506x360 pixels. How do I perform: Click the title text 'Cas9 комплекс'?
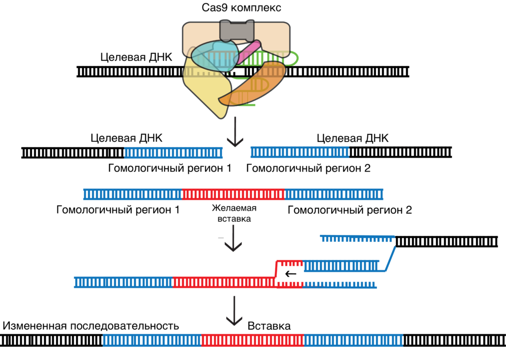(x=235, y=8)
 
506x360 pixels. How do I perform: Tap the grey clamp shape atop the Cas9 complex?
(x=236, y=30)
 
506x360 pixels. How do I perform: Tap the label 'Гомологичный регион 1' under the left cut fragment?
(x=170, y=168)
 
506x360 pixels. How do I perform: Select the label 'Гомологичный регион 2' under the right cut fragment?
(x=308, y=168)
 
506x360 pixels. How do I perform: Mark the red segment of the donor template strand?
(x=233, y=194)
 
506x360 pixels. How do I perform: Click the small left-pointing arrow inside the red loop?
(x=291, y=273)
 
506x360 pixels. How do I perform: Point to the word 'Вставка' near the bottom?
(x=269, y=326)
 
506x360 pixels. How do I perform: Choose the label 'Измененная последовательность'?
(x=90, y=326)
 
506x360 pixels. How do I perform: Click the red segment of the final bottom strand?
(x=253, y=340)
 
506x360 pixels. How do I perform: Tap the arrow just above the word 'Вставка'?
(x=235, y=312)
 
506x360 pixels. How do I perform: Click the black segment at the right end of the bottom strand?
(x=454, y=340)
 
